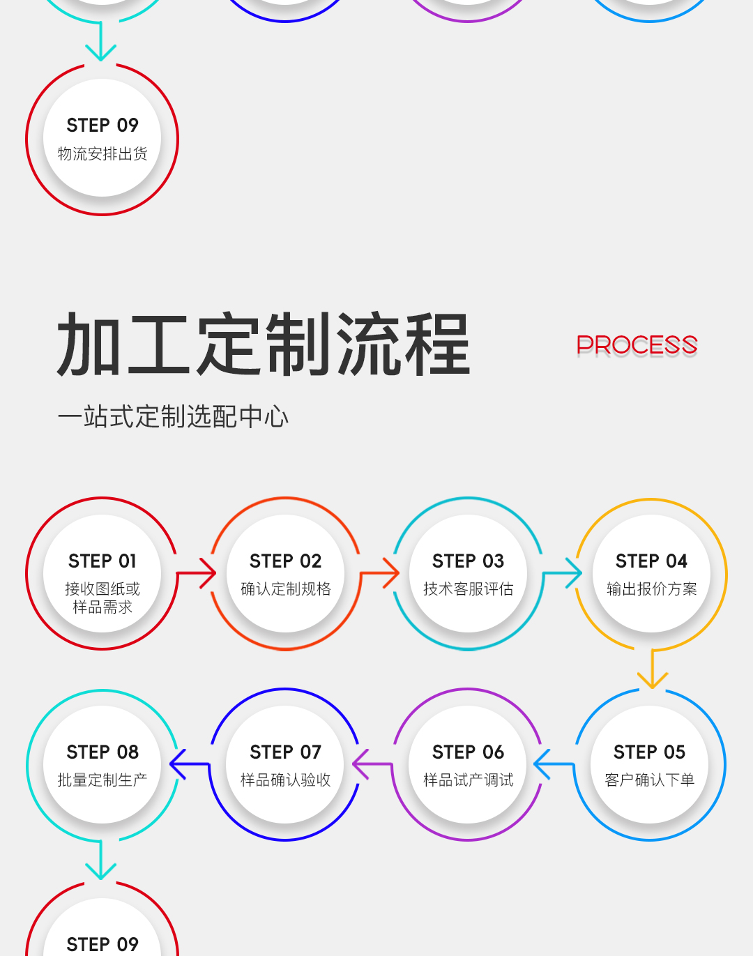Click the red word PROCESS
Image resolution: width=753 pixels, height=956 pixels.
tap(637, 345)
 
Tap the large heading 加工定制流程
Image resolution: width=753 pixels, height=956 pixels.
tap(264, 344)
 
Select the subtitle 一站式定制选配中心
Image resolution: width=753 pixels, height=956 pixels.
tap(173, 417)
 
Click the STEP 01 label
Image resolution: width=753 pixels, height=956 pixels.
tap(102, 561)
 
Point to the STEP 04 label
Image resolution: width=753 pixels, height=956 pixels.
tap(651, 561)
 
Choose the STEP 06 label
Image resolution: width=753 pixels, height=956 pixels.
tap(468, 752)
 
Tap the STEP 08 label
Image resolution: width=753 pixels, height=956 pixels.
tap(102, 752)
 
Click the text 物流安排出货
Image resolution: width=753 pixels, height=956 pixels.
tap(102, 154)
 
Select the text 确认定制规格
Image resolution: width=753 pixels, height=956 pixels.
tap(286, 589)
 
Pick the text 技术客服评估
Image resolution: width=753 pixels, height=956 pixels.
tap(468, 589)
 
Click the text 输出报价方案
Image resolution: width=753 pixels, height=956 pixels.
tap(651, 589)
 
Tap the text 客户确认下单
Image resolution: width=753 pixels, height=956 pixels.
tap(650, 780)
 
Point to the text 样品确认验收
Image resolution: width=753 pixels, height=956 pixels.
tap(286, 780)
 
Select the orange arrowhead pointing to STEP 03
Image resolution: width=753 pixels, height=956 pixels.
tap(391, 573)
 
